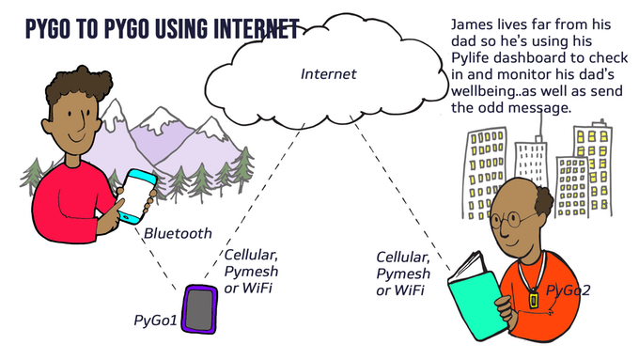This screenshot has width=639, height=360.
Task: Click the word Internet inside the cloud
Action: (329, 73)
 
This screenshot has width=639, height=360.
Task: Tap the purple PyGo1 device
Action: (200, 309)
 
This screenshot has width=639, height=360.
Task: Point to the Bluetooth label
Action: (178, 233)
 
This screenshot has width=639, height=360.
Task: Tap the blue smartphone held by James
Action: (138, 195)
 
